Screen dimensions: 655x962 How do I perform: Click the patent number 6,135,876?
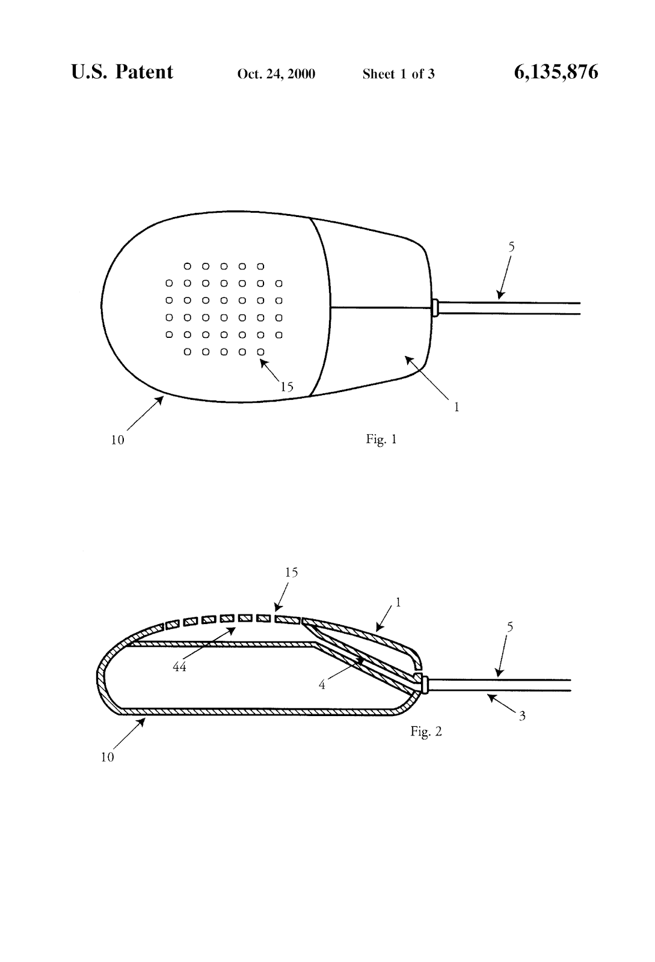coord(556,73)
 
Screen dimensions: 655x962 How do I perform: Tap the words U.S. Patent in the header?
coord(122,72)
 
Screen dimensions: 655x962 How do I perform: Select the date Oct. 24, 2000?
coord(276,74)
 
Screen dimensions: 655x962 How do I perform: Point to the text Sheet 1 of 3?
coord(398,74)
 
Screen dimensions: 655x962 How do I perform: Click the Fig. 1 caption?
coord(381,440)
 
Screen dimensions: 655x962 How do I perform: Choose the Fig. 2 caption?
coord(426,731)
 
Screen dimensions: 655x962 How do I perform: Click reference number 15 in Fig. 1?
coord(287,387)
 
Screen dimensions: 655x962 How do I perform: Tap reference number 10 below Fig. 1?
coord(117,440)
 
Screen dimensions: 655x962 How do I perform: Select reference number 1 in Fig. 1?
coord(457,407)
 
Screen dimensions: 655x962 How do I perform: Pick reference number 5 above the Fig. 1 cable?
coord(511,247)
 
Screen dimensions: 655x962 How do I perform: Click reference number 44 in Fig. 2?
coord(179,667)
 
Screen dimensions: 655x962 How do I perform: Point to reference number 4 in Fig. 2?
coord(322,685)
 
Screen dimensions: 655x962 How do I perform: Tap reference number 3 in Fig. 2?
coord(522,716)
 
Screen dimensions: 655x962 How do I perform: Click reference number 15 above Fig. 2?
coord(291,572)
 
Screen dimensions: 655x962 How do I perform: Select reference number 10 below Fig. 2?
coord(107,758)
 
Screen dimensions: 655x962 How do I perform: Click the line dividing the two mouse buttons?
coord(381,308)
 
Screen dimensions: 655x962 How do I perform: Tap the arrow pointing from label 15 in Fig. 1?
coord(270,370)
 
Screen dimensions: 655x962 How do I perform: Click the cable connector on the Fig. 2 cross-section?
coord(425,684)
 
